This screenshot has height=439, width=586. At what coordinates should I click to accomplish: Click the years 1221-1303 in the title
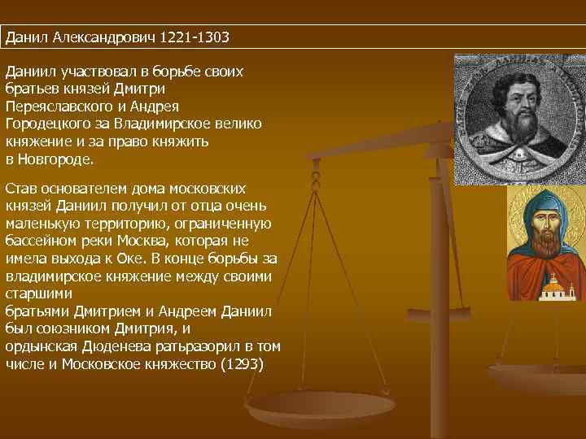(195, 37)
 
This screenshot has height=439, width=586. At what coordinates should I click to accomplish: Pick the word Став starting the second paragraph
(20, 188)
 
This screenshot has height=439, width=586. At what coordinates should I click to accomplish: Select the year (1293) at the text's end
(243, 363)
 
